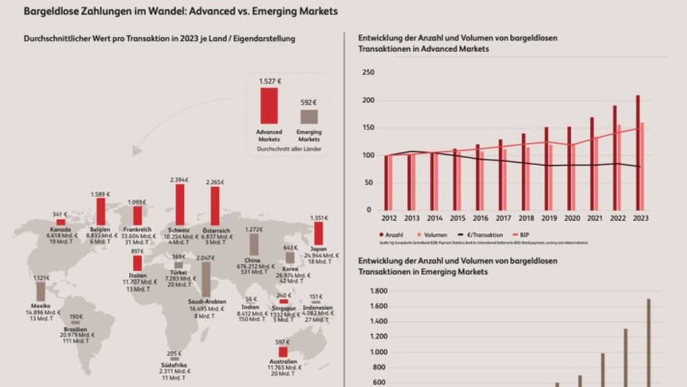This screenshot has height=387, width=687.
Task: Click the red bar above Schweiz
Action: tap(180, 205)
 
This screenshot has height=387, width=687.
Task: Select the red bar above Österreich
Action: tap(215, 206)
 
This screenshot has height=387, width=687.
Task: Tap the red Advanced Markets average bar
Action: tap(269, 106)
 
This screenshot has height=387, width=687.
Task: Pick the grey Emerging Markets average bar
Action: tap(309, 117)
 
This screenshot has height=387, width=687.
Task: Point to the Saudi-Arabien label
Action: tap(207, 302)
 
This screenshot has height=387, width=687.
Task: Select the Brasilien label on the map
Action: tap(76, 329)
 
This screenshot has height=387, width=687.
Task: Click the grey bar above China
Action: tap(254, 245)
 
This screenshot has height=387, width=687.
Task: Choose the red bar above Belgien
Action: tap(101, 212)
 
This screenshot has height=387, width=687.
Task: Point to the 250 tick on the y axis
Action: tap(369, 72)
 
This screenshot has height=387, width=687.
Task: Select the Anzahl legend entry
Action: tap(393, 235)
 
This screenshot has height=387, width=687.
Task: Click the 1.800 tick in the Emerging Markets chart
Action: tap(380, 291)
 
